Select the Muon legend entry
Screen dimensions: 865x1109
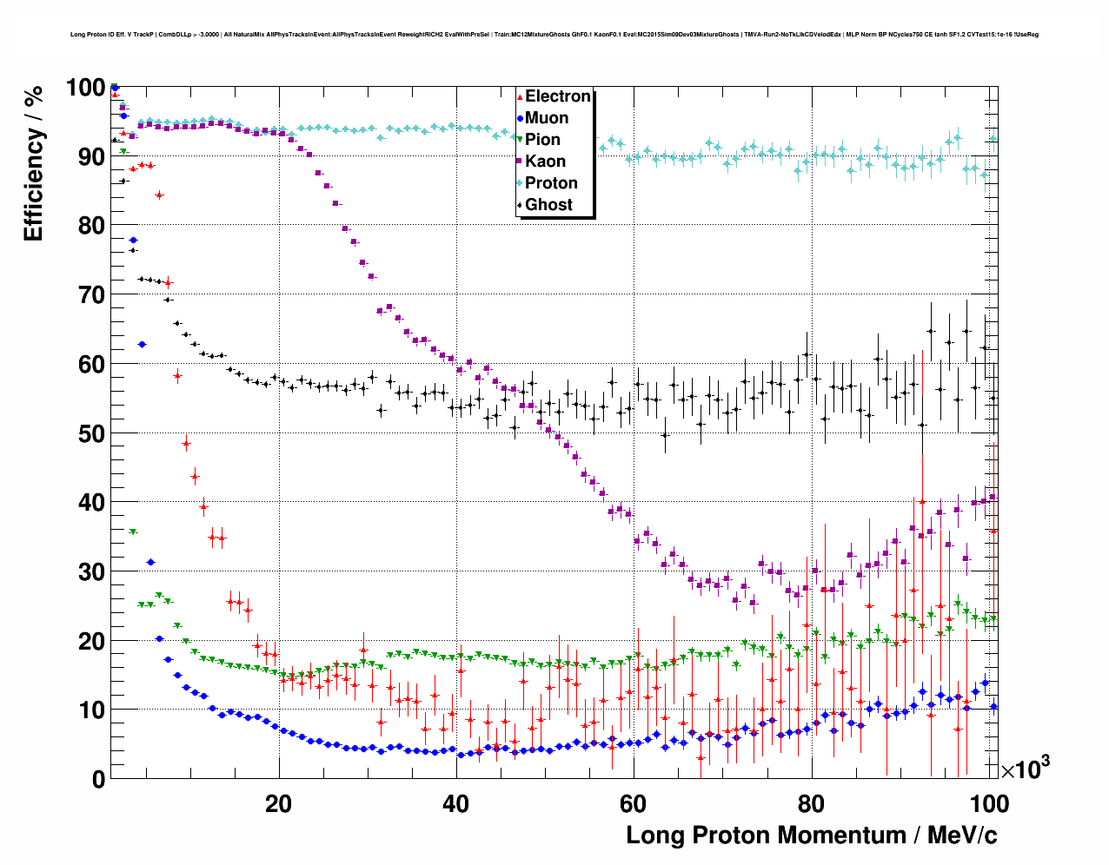(x=546, y=118)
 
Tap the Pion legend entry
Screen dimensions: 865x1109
(x=542, y=140)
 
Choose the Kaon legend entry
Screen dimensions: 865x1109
(x=545, y=162)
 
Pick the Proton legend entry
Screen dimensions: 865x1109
(x=551, y=183)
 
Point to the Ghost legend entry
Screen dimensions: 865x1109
(x=548, y=205)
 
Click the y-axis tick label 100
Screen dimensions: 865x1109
(x=85, y=88)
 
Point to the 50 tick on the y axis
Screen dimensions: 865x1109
(x=91, y=433)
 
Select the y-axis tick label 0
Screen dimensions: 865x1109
(x=98, y=779)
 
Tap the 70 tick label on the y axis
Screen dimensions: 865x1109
(x=91, y=295)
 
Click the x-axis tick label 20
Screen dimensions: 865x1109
(x=278, y=803)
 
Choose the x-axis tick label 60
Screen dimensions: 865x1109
(x=634, y=803)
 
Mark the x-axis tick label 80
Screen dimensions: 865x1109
(x=811, y=803)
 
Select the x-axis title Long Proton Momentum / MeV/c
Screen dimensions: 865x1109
(x=811, y=835)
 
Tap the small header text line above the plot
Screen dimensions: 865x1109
(x=554, y=35)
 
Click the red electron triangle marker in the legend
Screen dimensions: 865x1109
(x=520, y=96)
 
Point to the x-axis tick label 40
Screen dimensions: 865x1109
(x=455, y=803)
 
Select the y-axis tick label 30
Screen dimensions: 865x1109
(x=91, y=571)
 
